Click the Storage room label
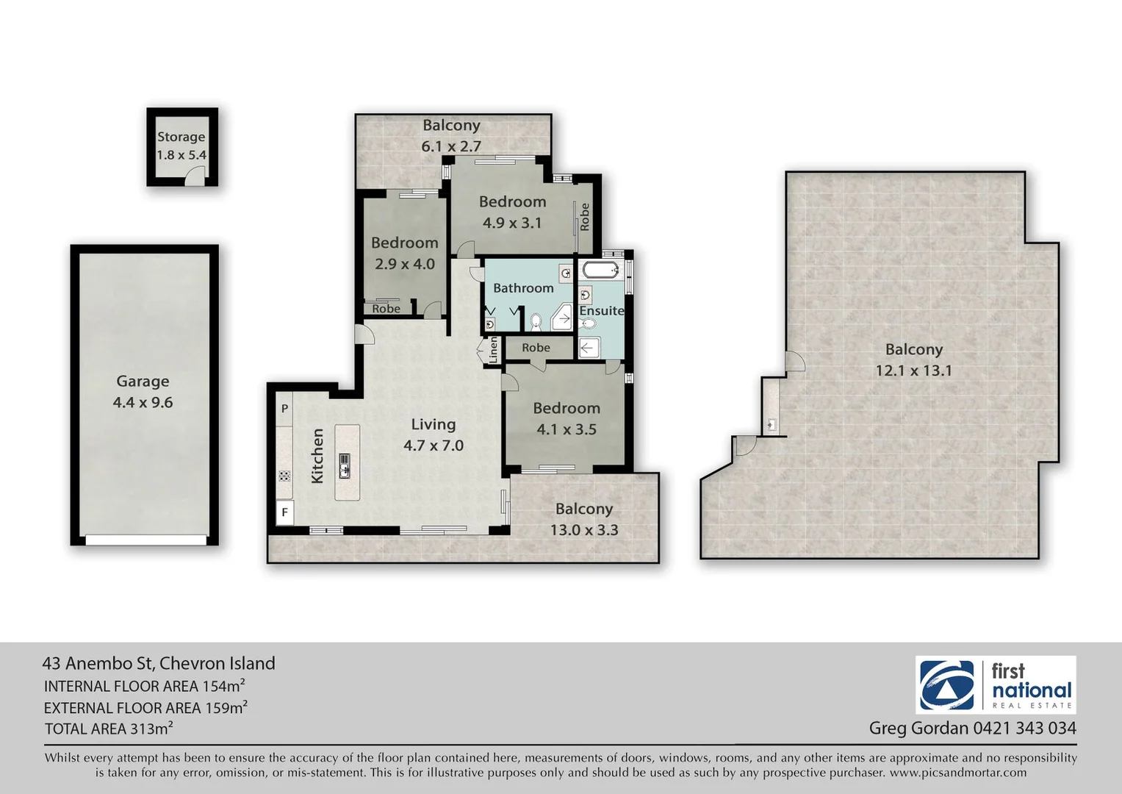181,137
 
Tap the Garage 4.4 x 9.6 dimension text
143,402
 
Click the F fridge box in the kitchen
284,512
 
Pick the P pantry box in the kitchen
284,408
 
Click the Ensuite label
601,310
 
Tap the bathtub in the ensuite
602,271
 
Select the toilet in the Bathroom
536,321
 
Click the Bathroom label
523,288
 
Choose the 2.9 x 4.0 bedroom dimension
405,264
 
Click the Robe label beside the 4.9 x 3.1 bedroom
585,216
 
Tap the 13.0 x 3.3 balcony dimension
584,530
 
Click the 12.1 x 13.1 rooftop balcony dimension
913,371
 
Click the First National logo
996,685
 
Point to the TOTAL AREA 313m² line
109,729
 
